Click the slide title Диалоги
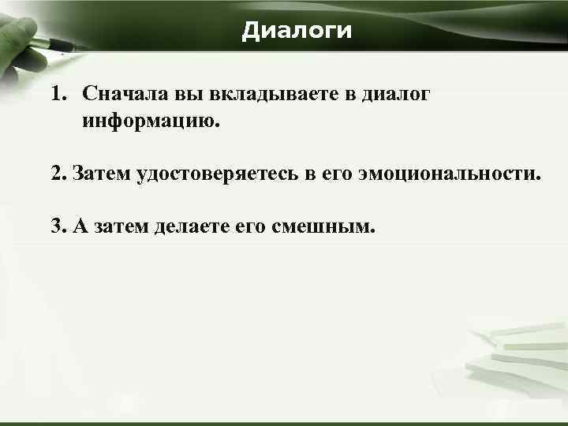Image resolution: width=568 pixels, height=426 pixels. [297, 31]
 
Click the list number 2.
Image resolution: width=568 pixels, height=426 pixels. [58, 174]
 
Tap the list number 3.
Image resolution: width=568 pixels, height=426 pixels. [58, 226]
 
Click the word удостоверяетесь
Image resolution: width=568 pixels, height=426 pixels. [218, 174]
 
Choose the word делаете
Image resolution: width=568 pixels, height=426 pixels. [192, 226]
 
